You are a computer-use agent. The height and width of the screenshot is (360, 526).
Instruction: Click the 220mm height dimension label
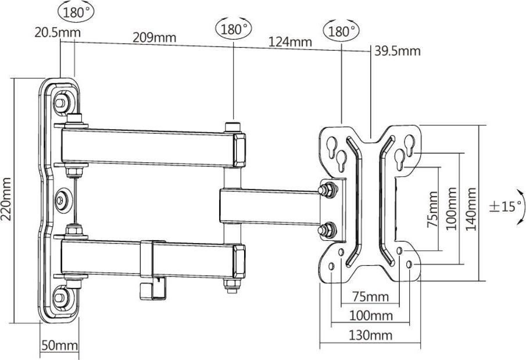(x=6, y=199)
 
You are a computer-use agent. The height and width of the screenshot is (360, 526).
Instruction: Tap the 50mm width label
(x=60, y=345)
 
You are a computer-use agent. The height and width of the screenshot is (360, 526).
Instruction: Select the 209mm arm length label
(x=154, y=37)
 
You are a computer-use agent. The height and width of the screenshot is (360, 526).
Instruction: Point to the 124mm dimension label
(x=290, y=42)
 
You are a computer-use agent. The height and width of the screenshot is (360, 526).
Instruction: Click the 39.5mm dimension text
(x=398, y=51)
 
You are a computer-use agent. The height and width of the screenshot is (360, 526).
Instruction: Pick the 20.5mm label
(x=58, y=33)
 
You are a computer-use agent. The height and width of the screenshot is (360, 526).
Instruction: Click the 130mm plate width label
(x=371, y=335)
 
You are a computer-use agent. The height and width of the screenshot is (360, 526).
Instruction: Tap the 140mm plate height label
(x=471, y=209)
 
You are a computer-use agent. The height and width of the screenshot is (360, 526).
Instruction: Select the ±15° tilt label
(x=506, y=206)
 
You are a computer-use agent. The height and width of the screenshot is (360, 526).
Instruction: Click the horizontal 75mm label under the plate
(x=371, y=297)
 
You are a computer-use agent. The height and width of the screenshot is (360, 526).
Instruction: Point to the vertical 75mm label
(x=433, y=209)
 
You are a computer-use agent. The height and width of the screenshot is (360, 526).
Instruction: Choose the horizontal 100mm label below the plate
(x=371, y=316)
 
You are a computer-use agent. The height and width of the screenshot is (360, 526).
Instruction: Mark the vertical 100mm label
(x=452, y=209)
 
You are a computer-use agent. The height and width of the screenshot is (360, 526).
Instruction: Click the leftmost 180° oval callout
(x=76, y=12)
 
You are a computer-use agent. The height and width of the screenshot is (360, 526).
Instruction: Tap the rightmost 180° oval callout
(x=341, y=31)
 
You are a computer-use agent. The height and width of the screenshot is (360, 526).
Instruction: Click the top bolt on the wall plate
(x=60, y=102)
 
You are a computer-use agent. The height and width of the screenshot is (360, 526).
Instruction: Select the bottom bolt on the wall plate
(x=60, y=298)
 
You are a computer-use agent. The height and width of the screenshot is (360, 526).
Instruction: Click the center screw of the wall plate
(x=62, y=201)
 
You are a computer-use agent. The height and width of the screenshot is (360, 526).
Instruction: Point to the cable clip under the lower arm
(x=153, y=288)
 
